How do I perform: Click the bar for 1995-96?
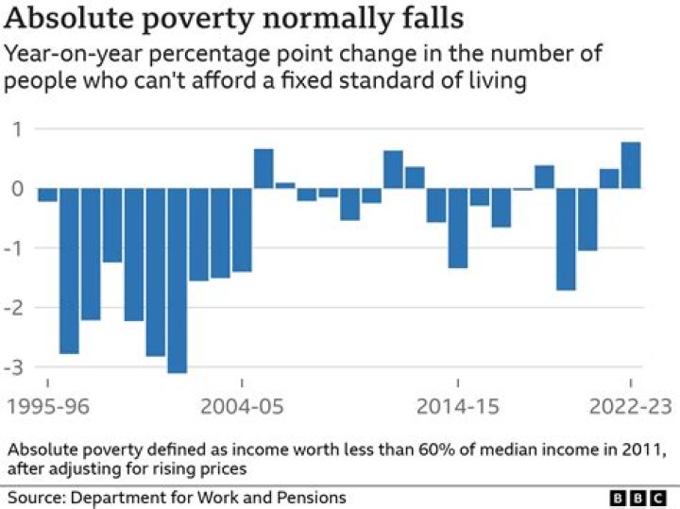click(x=47, y=195)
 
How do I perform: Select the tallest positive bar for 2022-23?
click(x=630, y=165)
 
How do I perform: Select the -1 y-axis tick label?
click(x=15, y=248)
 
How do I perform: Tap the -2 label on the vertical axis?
click(x=15, y=308)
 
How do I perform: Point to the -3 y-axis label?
click(x=15, y=367)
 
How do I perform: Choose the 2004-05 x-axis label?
click(x=242, y=406)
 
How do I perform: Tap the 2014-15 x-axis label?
click(x=457, y=406)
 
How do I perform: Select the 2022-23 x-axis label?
click(x=628, y=406)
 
